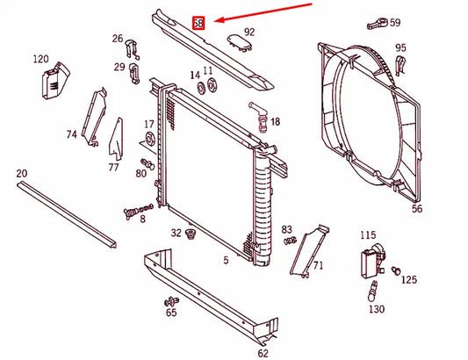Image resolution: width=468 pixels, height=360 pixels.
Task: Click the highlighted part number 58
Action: [198, 23]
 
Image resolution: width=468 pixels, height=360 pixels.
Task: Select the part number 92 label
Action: [249, 32]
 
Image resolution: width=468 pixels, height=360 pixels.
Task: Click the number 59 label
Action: [394, 23]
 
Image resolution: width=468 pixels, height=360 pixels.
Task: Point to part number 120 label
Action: [40, 59]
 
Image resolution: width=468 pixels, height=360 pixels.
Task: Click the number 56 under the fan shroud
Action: [416, 209]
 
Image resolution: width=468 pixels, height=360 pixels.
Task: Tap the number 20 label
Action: [22, 174]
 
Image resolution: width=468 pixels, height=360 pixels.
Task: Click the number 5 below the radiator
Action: [226, 260]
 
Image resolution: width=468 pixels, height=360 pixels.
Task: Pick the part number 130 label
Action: [376, 309]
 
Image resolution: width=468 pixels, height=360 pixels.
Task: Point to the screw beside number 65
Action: [169, 301]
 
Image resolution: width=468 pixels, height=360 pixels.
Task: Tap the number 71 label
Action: [318, 264]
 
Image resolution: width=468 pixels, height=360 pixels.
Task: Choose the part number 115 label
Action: [368, 234]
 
